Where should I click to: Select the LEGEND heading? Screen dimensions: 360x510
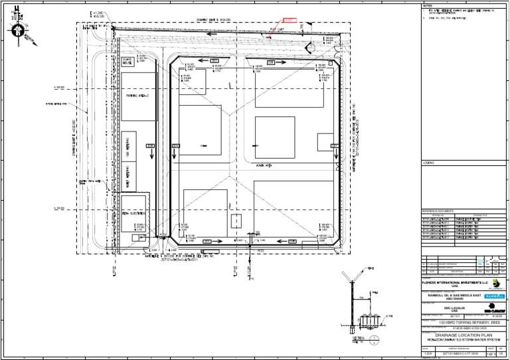(428, 163)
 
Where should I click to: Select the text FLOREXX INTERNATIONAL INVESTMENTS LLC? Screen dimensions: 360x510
(450, 282)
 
